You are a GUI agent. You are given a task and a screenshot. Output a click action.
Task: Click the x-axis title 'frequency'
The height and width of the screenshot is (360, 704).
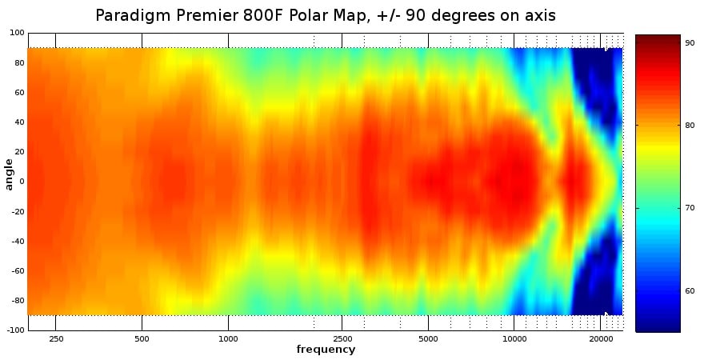coord(326,350)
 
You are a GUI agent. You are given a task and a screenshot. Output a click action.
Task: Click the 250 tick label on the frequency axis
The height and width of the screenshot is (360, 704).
coord(56,338)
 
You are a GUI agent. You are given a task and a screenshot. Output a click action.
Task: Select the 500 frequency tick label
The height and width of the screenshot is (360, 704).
coord(142,338)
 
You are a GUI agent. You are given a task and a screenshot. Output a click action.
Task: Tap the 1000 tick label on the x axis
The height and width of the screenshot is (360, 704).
coord(228,338)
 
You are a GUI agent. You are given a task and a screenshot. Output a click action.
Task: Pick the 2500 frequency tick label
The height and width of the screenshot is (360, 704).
coord(342,338)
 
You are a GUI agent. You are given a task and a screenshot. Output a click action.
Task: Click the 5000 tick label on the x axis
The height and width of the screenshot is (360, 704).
coord(428,338)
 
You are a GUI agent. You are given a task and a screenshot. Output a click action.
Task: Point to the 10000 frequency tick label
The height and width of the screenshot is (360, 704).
coord(514,338)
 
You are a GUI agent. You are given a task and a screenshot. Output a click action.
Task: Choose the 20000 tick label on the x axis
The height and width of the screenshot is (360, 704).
coord(601,338)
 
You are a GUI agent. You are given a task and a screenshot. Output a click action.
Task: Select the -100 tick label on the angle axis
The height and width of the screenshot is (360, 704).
coord(15,330)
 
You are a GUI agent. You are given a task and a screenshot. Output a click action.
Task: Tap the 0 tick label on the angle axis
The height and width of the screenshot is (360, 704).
coord(22,182)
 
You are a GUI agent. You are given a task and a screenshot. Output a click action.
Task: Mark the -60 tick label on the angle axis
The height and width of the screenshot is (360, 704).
coord(18,270)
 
